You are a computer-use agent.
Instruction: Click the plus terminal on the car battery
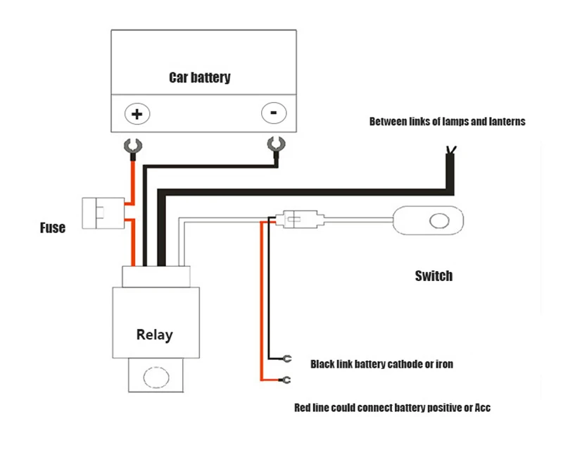click(x=137, y=113)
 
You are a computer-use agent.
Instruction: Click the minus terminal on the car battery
click(x=273, y=112)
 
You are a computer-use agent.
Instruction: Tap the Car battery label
click(x=199, y=77)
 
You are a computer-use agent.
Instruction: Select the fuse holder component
click(x=96, y=211)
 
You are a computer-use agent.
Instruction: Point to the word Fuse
click(x=52, y=227)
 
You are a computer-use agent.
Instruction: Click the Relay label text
click(x=154, y=335)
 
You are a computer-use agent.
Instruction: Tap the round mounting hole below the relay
click(x=154, y=377)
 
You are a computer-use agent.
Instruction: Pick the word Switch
click(x=434, y=275)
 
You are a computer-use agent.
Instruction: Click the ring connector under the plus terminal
click(x=132, y=147)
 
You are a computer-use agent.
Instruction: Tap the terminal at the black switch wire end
click(x=285, y=358)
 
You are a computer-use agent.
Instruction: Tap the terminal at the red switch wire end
click(x=285, y=381)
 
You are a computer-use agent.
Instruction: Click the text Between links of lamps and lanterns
click(x=447, y=121)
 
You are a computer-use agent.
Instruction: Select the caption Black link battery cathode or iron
click(x=381, y=364)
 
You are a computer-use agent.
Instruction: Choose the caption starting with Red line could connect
click(x=392, y=408)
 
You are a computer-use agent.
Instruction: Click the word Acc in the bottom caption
click(x=483, y=408)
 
